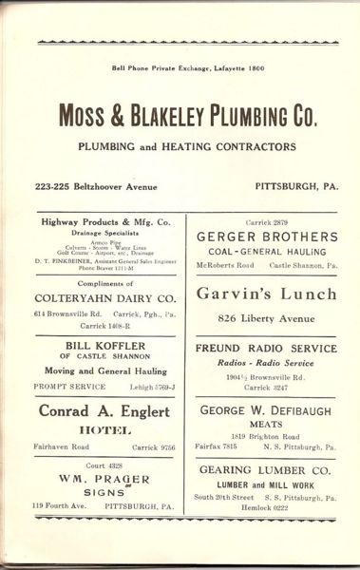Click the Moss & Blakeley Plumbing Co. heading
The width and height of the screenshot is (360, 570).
187,116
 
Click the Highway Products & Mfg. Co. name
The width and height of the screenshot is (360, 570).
106,222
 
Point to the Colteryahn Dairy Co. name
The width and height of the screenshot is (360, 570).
105,297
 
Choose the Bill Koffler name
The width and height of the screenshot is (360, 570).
105,345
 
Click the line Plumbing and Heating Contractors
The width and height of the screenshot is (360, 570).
186,146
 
